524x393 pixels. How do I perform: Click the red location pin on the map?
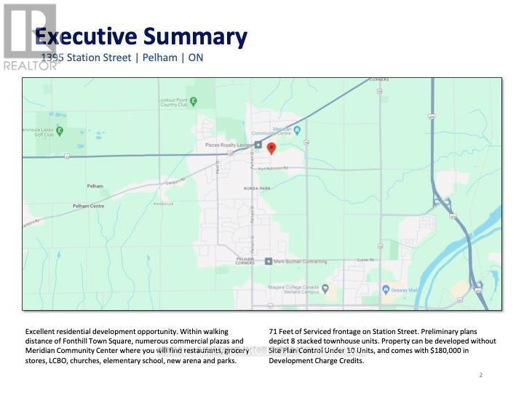pyautogui.click(x=271, y=148)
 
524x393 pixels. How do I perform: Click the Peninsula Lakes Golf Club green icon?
pyautogui.click(x=60, y=132)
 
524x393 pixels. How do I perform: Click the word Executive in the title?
pyautogui.click(x=87, y=36)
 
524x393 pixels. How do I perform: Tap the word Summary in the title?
pyautogui.click(x=196, y=36)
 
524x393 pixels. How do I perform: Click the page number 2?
pyautogui.click(x=481, y=375)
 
